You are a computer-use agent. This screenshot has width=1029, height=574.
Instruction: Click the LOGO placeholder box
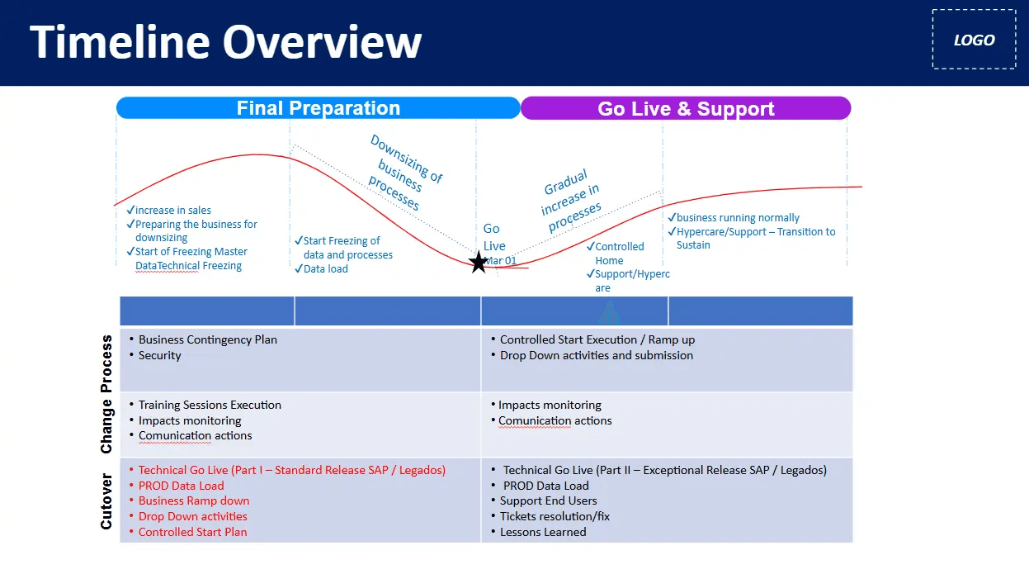pyautogui.click(x=974, y=40)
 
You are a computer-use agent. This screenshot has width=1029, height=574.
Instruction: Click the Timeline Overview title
pyautogui.click(x=225, y=41)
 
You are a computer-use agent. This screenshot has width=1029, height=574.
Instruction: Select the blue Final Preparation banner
pyautogui.click(x=318, y=108)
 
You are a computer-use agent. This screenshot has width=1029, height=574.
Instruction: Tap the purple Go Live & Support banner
pyautogui.click(x=685, y=109)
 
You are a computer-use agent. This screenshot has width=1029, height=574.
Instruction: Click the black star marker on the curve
pyautogui.click(x=478, y=263)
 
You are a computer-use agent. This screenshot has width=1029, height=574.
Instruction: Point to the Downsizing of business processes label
pyautogui.click(x=404, y=172)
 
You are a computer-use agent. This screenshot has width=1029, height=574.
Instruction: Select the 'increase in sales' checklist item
pyautogui.click(x=172, y=210)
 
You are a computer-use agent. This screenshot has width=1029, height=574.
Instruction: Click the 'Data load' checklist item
pyautogui.click(x=325, y=268)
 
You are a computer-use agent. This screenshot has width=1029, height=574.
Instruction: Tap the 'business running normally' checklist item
pyautogui.click(x=738, y=217)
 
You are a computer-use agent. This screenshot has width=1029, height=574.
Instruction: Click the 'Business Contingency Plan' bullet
pyautogui.click(x=207, y=339)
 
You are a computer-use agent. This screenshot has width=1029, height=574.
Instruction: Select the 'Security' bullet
pyautogui.click(x=159, y=355)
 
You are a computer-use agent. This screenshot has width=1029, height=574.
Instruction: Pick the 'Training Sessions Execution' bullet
pyautogui.click(x=210, y=405)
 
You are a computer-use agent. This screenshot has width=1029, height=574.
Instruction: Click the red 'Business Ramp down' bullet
pyautogui.click(x=193, y=500)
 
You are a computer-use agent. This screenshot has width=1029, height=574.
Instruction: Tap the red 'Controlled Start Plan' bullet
pyautogui.click(x=192, y=532)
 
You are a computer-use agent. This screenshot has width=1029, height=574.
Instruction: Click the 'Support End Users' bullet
pyautogui.click(x=548, y=500)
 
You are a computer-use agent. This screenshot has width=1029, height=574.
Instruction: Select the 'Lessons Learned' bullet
pyautogui.click(x=543, y=532)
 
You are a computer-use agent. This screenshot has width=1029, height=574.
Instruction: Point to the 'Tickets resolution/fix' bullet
pyautogui.click(x=555, y=516)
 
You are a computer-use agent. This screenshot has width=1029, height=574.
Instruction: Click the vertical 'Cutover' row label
pyautogui.click(x=106, y=501)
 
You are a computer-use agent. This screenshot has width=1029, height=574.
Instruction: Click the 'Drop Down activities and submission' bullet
pyautogui.click(x=596, y=355)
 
